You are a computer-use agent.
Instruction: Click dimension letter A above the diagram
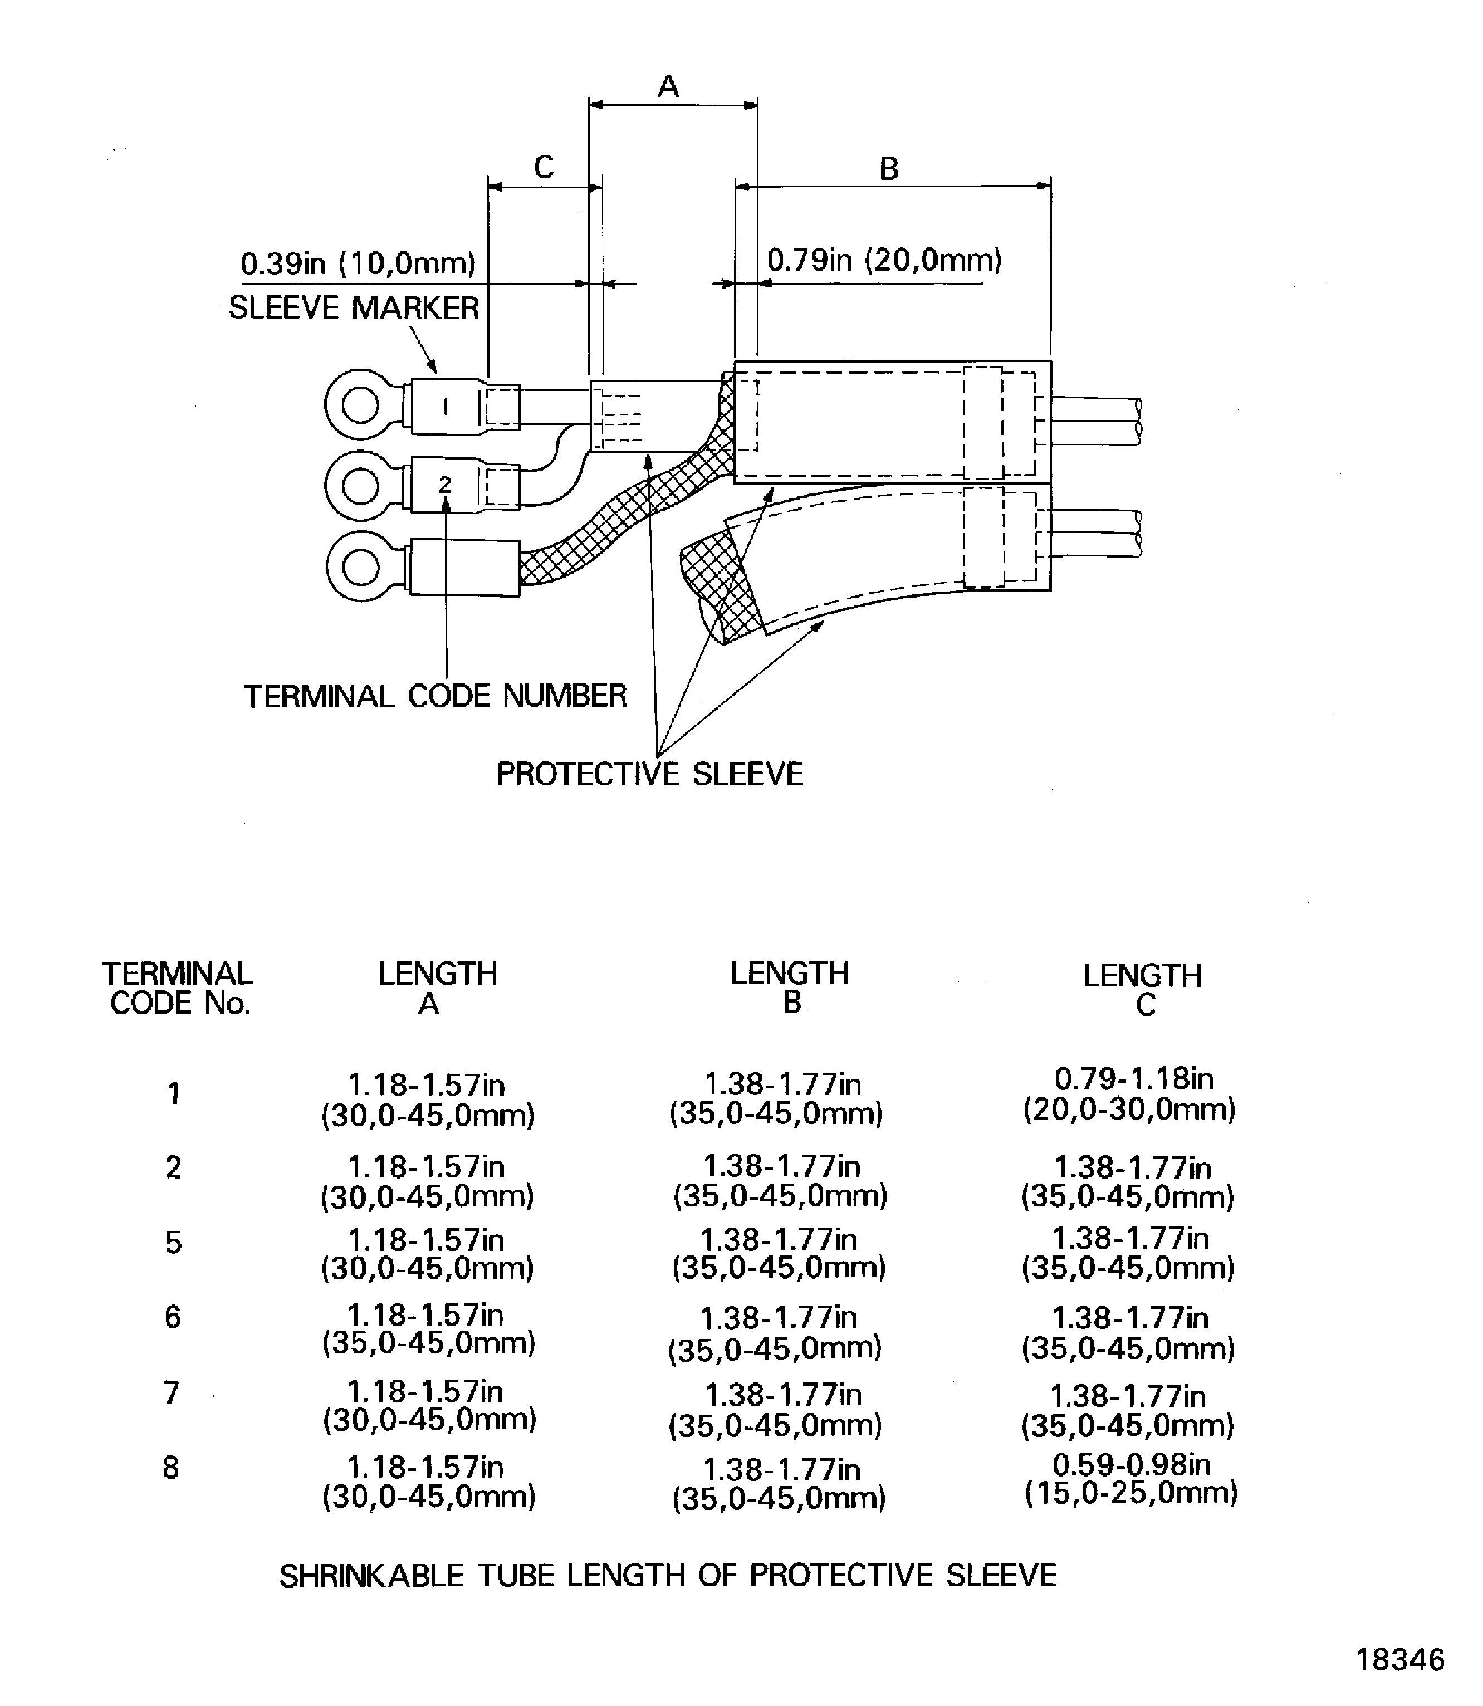tap(668, 86)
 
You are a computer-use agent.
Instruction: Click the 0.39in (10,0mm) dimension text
tap(358, 264)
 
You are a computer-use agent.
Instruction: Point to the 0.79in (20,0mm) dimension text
tap(884, 261)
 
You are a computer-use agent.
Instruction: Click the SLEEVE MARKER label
tap(354, 309)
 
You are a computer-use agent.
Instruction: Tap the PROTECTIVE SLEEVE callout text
tap(650, 775)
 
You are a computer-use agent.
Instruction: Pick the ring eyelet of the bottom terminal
tap(361, 568)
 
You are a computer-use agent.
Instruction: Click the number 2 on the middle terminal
tap(445, 484)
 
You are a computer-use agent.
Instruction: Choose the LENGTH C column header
tap(1143, 990)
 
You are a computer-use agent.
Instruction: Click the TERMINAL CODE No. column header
tap(177, 988)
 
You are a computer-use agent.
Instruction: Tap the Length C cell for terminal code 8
tap(1131, 1479)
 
